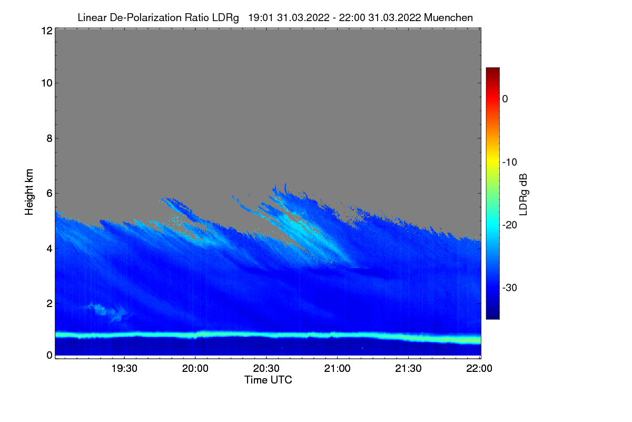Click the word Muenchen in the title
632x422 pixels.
pyautogui.click(x=449, y=17)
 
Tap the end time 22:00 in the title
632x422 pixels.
pyautogui.click(x=354, y=17)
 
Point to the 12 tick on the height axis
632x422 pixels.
pyautogui.click(x=46, y=31)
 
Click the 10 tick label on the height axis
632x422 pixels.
pyautogui.click(x=46, y=83)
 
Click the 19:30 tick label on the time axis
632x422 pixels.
pyautogui.click(x=125, y=368)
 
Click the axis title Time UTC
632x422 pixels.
pyautogui.click(x=268, y=380)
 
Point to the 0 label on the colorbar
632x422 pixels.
pyautogui.click(x=506, y=99)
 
